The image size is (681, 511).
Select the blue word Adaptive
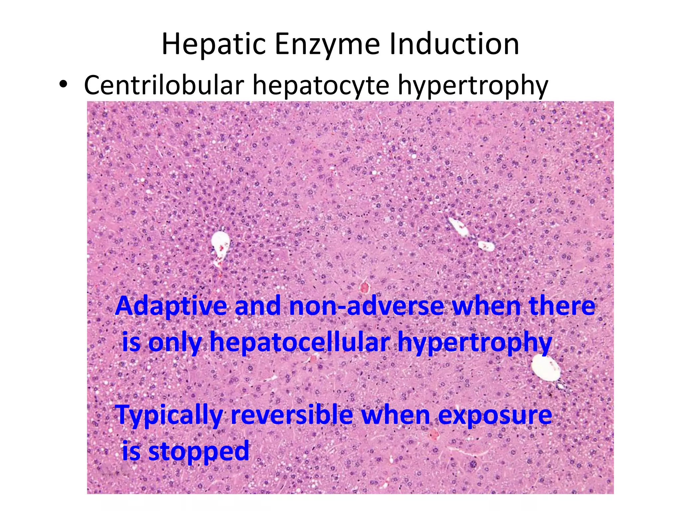(171, 306)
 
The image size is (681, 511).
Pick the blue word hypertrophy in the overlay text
(475, 343)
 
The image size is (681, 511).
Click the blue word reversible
(291, 415)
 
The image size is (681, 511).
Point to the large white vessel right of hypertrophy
(545, 367)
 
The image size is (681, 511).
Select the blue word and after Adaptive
(258, 306)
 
